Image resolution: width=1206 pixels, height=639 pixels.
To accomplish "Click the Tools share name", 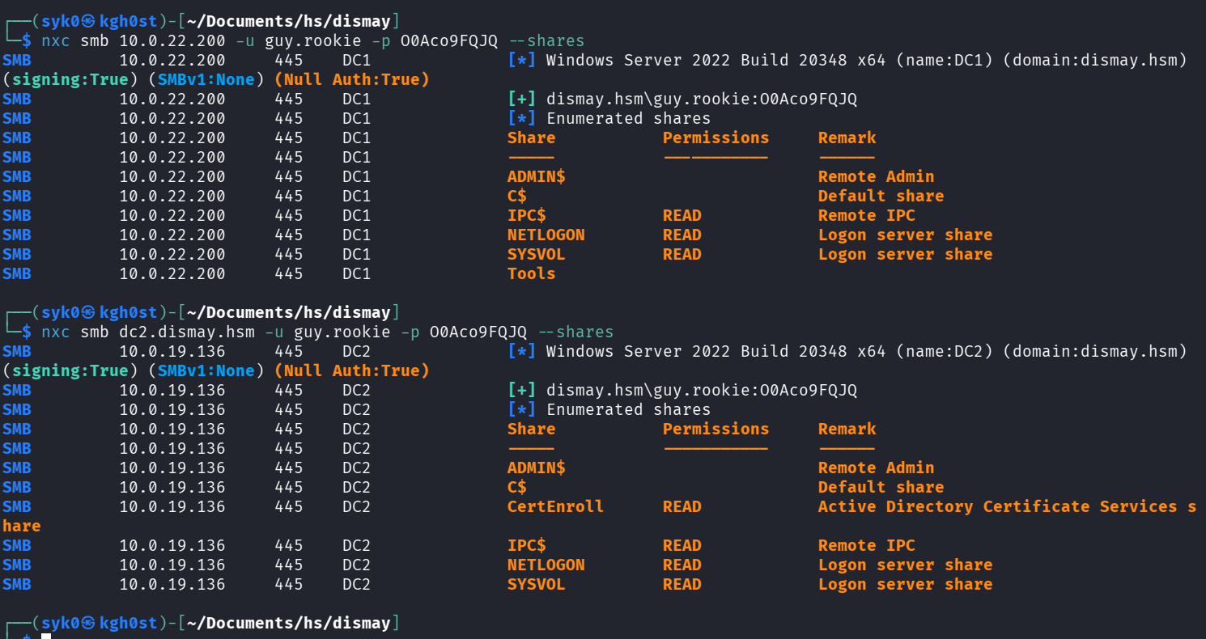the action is pyautogui.click(x=531, y=273).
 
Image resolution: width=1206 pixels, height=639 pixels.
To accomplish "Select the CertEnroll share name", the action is pyautogui.click(x=555, y=506).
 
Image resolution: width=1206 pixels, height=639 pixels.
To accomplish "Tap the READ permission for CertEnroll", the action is pyautogui.click(x=682, y=506).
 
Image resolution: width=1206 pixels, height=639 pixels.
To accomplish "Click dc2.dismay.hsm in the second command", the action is pyautogui.click(x=187, y=332).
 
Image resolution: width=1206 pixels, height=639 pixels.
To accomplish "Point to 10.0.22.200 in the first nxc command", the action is pyautogui.click(x=172, y=41).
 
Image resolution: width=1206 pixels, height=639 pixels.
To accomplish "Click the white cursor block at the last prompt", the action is pyautogui.click(x=46, y=636).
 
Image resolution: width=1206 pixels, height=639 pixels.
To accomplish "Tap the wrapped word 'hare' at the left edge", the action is pyautogui.click(x=22, y=526).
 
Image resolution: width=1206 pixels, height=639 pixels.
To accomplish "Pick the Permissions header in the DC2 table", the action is pyautogui.click(x=716, y=430).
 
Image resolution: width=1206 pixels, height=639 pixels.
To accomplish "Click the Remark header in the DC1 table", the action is pyautogui.click(x=847, y=138).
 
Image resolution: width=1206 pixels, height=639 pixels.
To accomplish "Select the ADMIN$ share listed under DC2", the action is pyautogui.click(x=537, y=468).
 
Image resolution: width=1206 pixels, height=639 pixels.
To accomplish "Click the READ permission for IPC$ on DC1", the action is pyautogui.click(x=682, y=216).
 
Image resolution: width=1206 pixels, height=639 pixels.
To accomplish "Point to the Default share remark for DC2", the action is pyautogui.click(x=881, y=487).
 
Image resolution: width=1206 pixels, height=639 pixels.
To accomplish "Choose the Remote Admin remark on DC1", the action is pyautogui.click(x=876, y=177).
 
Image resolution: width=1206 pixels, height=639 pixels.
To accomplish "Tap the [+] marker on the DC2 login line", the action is pyautogui.click(x=521, y=391).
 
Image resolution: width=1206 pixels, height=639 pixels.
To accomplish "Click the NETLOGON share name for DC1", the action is pyautogui.click(x=546, y=235).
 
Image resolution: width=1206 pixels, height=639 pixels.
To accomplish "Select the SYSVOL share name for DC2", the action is pyautogui.click(x=537, y=585).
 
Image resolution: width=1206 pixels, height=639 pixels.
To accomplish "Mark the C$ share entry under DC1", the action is pyautogui.click(x=517, y=197).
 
